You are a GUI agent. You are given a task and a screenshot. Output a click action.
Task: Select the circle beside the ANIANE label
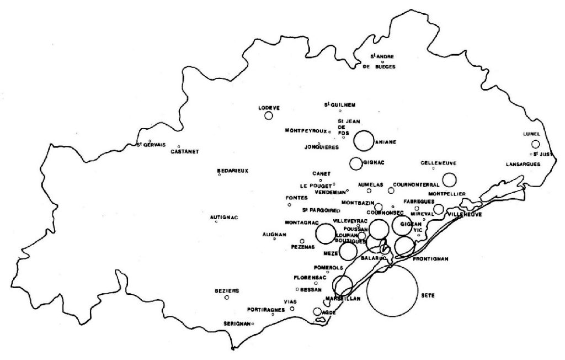coord(364,140)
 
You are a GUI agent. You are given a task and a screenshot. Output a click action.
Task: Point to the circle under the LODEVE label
coord(269,116)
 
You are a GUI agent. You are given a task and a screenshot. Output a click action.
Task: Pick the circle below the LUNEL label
coord(535,144)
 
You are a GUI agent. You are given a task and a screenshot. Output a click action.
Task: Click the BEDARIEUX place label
coord(233,171)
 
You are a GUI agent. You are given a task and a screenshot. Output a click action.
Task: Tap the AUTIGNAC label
coord(224,217)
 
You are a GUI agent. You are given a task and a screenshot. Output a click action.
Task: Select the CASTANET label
coord(185,151)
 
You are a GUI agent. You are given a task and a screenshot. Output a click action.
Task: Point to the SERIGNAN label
coord(237,324)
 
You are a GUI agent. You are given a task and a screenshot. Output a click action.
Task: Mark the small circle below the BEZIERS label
coord(227,298)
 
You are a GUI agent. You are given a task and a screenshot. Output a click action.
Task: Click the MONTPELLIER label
coord(447,194)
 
